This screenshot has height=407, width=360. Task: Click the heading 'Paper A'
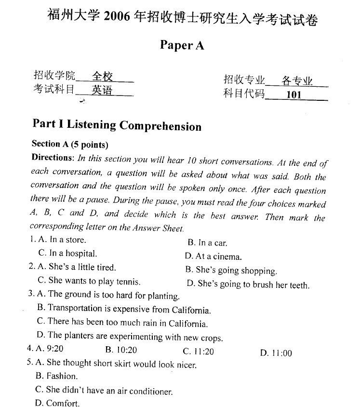coord(182,45)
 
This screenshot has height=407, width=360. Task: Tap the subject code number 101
coord(293,95)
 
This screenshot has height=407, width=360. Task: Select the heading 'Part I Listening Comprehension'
coord(117,125)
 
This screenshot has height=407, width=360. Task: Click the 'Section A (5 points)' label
coord(70,144)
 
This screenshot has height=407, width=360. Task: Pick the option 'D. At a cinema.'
coord(213,257)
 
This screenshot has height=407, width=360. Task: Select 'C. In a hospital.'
coord(67,253)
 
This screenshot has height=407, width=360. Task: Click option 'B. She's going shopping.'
coord(231,271)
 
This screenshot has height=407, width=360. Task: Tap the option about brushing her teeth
coord(248,285)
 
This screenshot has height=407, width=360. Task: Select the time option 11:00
coord(276,353)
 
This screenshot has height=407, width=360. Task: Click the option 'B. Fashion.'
coord(56,376)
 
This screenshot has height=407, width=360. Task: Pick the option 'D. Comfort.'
coord(57,403)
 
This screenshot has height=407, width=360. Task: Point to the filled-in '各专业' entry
coord(297,80)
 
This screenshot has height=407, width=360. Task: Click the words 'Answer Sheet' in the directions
coord(158,228)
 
